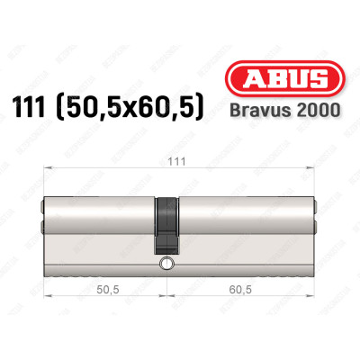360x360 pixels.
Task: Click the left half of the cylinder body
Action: [99, 220]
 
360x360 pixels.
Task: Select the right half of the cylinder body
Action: [243, 220]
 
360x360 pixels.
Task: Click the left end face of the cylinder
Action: [46, 220]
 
